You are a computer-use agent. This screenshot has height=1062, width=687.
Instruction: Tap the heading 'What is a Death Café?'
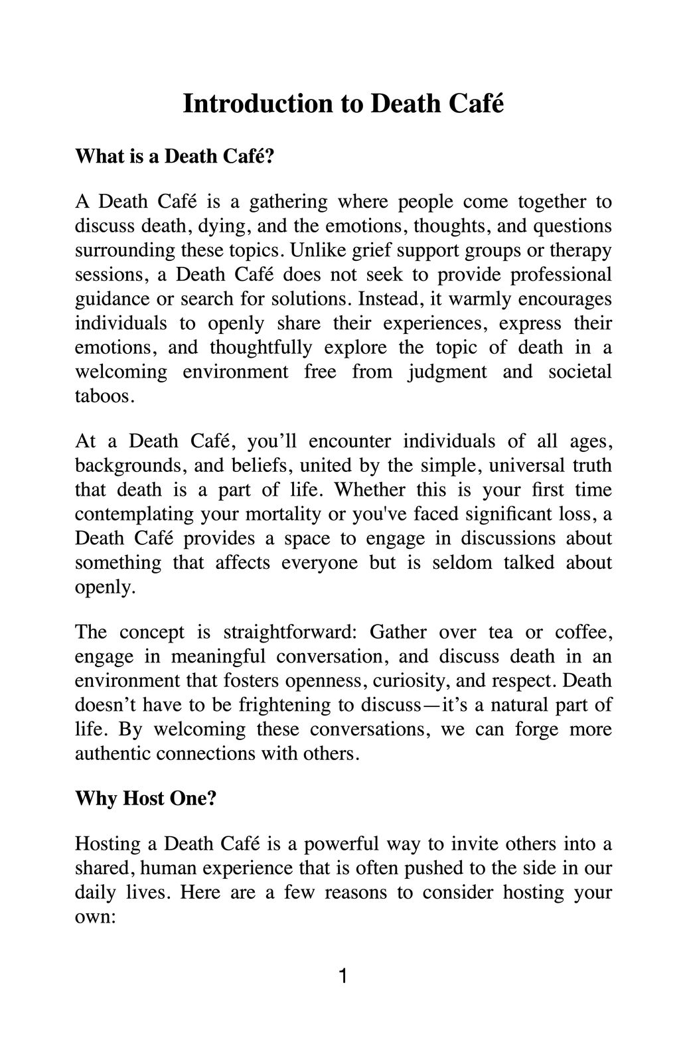point(175,156)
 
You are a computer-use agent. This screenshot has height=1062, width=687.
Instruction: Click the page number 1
point(343,976)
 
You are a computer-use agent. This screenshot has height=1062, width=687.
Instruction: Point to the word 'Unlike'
point(316,250)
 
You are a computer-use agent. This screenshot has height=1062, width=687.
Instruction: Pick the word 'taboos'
point(104,396)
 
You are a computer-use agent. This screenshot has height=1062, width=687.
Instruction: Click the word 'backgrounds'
point(126,465)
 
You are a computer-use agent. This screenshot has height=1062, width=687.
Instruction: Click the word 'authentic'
point(114,753)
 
